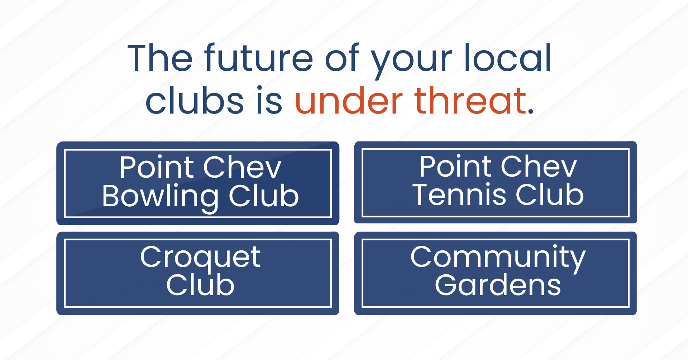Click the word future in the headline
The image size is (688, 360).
pyautogui.click(x=259, y=58)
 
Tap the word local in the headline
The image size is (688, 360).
pyautogui.click(x=507, y=58)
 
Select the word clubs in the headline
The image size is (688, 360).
pyautogui.click(x=195, y=101)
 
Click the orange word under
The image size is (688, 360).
pyautogui.click(x=349, y=101)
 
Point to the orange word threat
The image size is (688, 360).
pyautogui.click(x=470, y=101)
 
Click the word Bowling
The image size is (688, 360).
pyautogui.click(x=160, y=197)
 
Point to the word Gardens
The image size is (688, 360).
pyautogui.click(x=498, y=285)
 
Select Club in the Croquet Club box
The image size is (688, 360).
pyautogui.click(x=200, y=285)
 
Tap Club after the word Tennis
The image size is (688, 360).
pyautogui.click(x=549, y=195)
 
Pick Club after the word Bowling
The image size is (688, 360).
pyautogui.click(x=264, y=196)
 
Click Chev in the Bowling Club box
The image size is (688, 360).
pyautogui.click(x=243, y=167)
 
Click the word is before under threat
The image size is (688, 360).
pyautogui.click(x=269, y=101)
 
